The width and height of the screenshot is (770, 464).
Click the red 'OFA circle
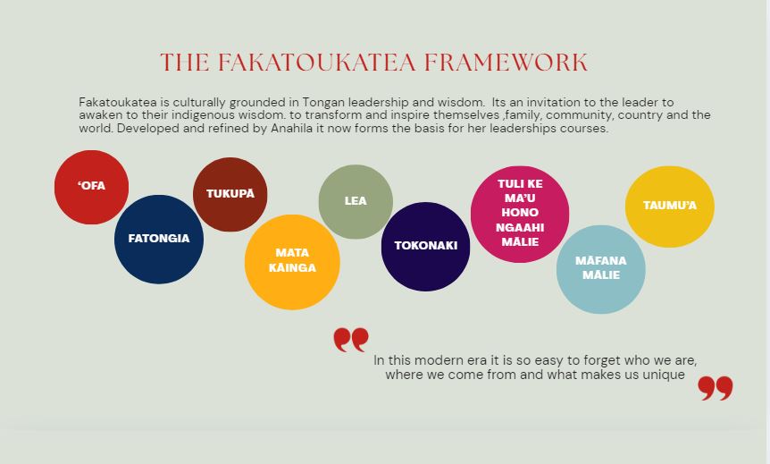[91, 187]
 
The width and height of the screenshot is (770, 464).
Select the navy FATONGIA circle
[159, 240]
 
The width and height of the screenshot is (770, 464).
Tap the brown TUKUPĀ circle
[230, 195]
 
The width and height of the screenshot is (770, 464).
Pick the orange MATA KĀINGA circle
[292, 262]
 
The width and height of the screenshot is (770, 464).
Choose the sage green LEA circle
[356, 202]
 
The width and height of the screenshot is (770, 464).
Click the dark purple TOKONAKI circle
[426, 247]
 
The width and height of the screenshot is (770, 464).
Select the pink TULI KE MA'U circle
[520, 214]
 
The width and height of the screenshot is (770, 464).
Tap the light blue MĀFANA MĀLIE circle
[601, 269]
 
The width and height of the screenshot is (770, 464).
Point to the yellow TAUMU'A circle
[670, 207]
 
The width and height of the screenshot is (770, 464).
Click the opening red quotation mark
[351, 340]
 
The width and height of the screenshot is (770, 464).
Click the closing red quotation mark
[716, 388]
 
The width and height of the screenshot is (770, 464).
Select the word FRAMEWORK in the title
[506, 63]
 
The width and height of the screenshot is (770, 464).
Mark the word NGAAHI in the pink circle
[520, 228]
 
